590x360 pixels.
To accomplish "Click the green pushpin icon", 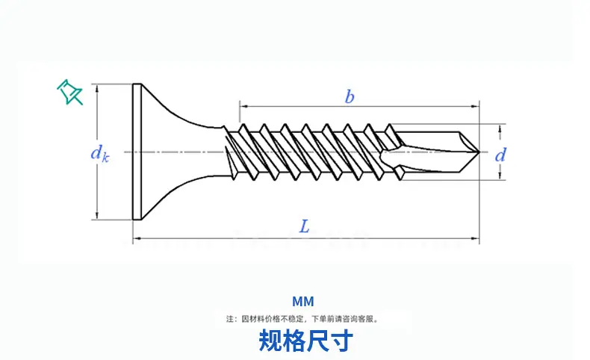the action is [x=69, y=92].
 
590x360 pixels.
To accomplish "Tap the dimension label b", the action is [x=350, y=96].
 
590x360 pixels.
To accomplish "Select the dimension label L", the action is [x=305, y=226].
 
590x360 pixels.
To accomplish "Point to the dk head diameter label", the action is [x=100, y=154].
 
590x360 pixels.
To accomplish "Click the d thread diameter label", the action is [x=500, y=155].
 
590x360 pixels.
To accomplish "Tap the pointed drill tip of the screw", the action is [x=479, y=152].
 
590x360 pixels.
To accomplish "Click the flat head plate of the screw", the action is [x=137, y=152].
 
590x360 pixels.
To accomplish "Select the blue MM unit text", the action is [x=303, y=302].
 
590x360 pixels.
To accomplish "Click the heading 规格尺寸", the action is [x=306, y=341].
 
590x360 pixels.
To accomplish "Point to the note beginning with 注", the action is [x=302, y=319].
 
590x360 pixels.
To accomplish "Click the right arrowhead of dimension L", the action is [x=475, y=238].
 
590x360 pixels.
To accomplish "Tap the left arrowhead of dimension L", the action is [x=137, y=238].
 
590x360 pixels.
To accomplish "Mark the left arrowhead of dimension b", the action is [x=243, y=107].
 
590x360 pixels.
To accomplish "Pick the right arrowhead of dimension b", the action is [x=475, y=107].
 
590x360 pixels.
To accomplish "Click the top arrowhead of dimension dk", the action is [x=97, y=87].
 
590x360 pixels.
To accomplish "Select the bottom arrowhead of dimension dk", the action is [x=97, y=215].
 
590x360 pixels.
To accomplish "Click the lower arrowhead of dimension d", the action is [x=500, y=175].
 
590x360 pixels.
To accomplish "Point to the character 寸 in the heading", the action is [x=341, y=341].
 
